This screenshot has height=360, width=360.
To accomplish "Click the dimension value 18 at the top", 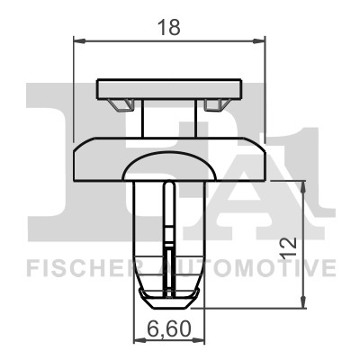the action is click(169, 27).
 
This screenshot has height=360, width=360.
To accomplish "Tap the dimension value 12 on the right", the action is click(288, 247).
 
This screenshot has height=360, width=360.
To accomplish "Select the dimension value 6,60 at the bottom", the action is click(169, 328).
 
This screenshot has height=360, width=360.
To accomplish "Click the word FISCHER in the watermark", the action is click(80, 268).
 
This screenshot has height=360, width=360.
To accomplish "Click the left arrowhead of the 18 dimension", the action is click(79, 40).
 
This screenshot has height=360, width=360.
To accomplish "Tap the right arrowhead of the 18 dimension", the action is click(259, 40).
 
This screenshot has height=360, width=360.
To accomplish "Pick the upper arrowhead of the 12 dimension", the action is click(303, 187).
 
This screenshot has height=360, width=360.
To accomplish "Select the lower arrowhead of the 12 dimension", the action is click(303, 301).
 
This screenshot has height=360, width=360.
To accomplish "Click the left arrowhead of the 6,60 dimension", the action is click(139, 340).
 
